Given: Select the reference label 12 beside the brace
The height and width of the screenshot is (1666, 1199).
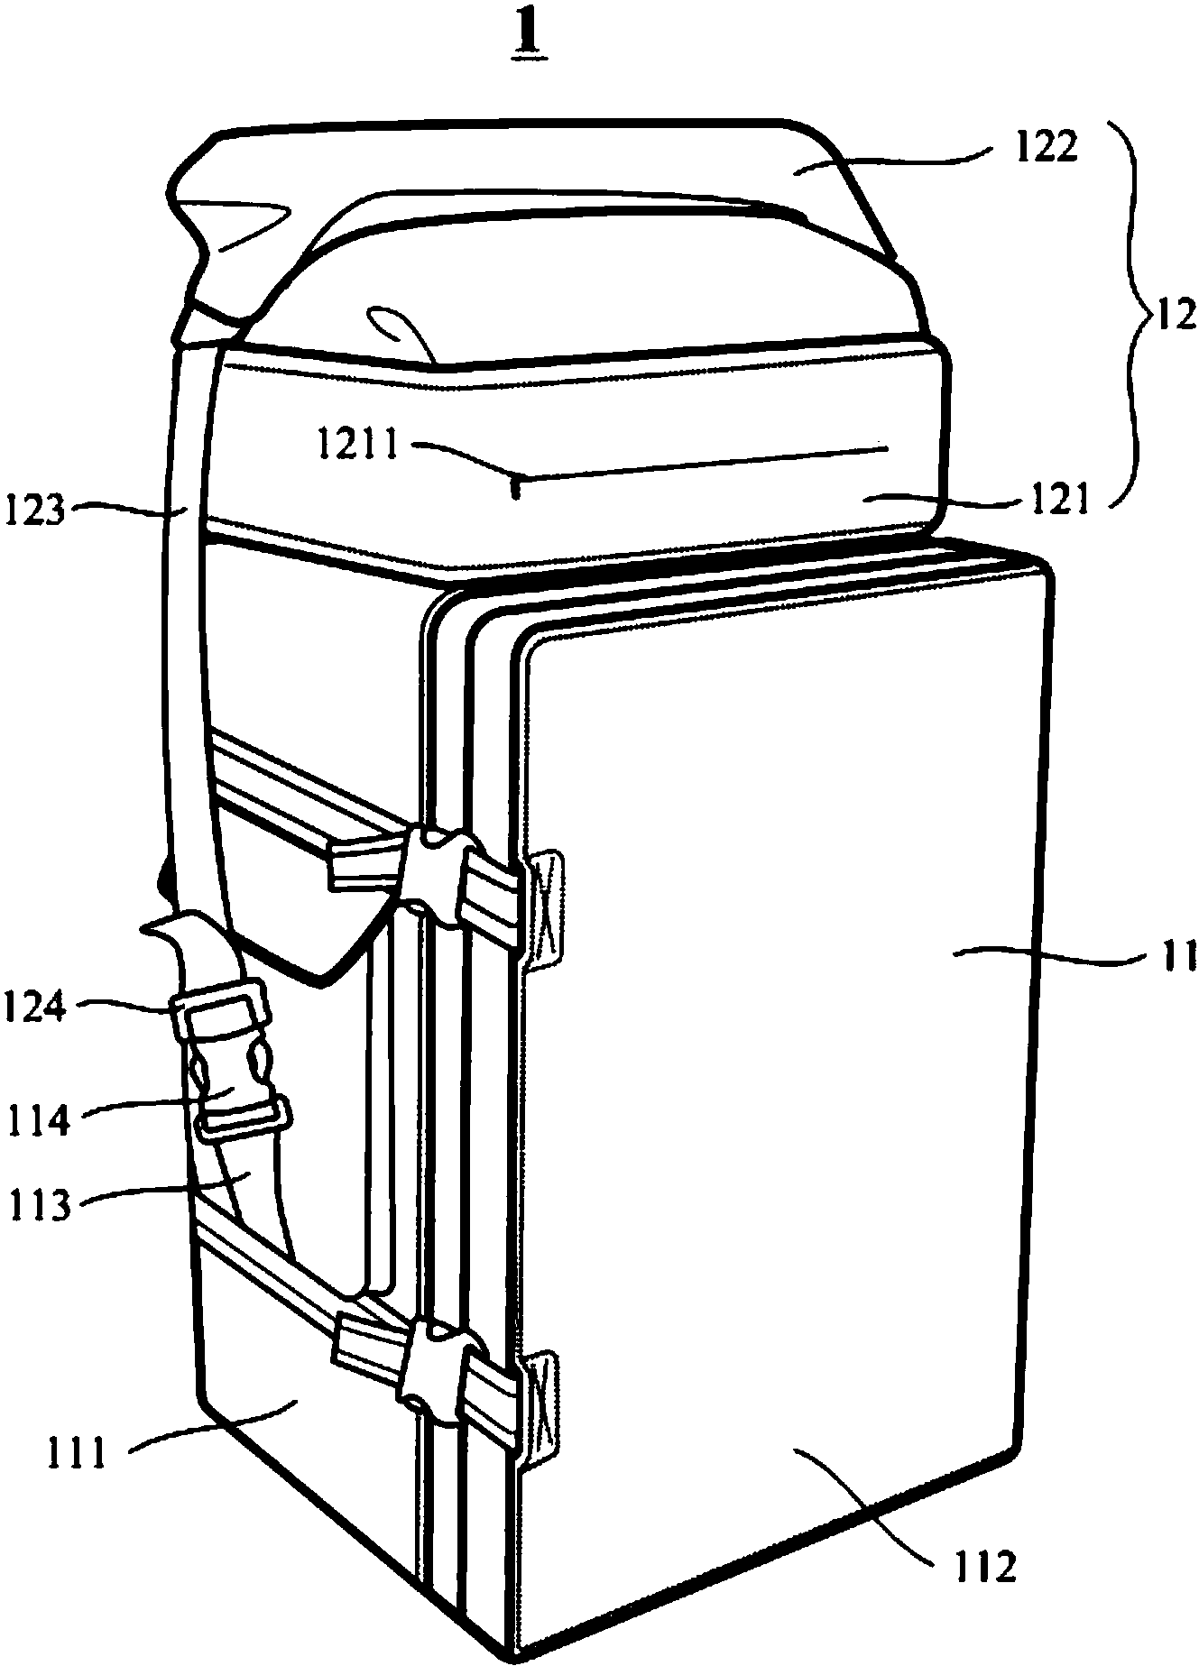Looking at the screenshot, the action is [x=1175, y=317].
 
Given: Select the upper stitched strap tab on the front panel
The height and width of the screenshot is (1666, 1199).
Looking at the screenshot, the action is [x=545, y=911].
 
